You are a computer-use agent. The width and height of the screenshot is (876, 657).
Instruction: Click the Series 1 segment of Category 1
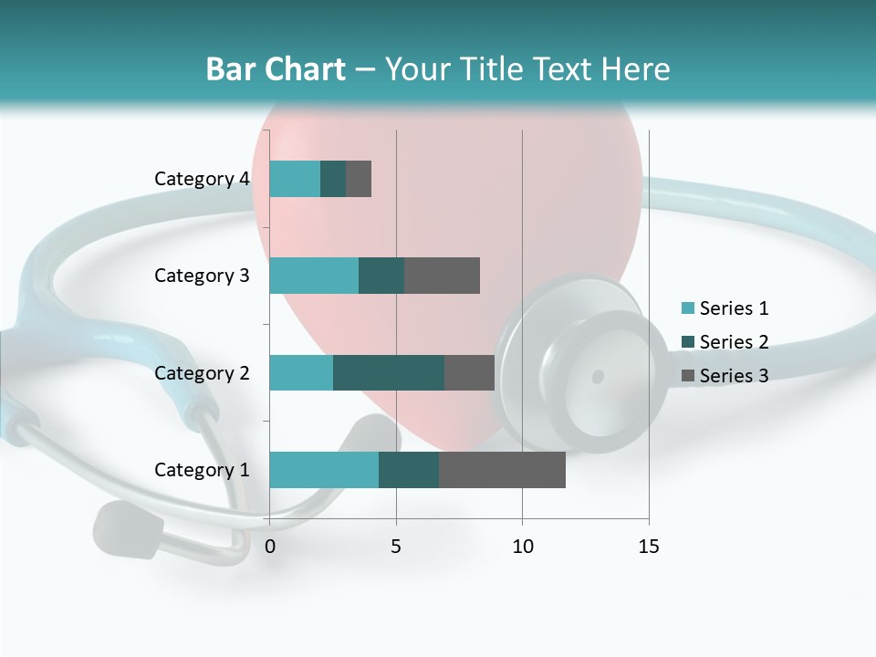coord(324,470)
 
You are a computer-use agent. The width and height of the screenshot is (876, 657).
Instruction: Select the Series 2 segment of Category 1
coord(409,470)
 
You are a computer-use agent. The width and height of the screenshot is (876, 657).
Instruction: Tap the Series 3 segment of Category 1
coord(502,470)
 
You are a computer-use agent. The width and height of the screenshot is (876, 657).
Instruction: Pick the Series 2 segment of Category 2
coord(389,372)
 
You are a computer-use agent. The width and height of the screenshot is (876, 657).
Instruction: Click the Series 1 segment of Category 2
coord(301,372)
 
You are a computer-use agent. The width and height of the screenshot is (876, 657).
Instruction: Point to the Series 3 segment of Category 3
coord(442,276)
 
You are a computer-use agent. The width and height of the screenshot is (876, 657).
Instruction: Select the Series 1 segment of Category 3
coord(314,276)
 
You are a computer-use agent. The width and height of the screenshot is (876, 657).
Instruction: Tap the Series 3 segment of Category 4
coord(359,179)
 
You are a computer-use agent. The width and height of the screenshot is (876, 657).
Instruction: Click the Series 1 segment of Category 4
coord(295,179)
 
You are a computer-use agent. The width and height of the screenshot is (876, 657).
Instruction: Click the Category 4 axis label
coord(202,179)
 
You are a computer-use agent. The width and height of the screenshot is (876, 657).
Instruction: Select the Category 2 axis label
coord(202,372)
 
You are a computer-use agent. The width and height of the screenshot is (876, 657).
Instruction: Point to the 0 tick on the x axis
coord(270,547)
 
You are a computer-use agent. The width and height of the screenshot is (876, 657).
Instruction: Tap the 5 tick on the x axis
coord(396,547)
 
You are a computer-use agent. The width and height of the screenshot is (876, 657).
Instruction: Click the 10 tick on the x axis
coord(522,547)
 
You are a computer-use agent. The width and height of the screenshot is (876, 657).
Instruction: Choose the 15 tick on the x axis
coord(648,547)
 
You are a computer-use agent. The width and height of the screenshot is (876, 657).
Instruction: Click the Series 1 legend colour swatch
coord(688,308)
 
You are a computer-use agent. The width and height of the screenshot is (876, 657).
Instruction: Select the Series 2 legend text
coord(734,342)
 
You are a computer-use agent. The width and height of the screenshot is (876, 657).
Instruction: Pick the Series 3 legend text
coord(734,376)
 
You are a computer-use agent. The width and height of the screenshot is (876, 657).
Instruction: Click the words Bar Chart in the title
coord(276,69)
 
